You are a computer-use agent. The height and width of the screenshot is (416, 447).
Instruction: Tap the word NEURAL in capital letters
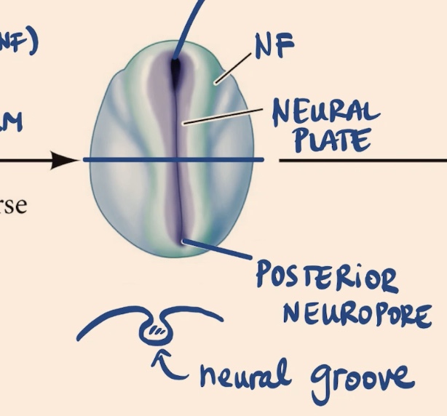tap(325, 113)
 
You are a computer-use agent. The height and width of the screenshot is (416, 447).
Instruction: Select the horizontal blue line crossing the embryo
tap(131, 159)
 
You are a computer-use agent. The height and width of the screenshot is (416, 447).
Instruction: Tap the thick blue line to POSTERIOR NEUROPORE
tap(218, 251)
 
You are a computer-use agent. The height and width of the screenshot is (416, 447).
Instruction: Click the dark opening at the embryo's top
tap(175, 70)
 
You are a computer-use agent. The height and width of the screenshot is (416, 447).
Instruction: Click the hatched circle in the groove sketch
tap(157, 332)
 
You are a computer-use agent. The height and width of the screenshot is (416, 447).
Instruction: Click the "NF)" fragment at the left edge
tap(16, 43)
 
